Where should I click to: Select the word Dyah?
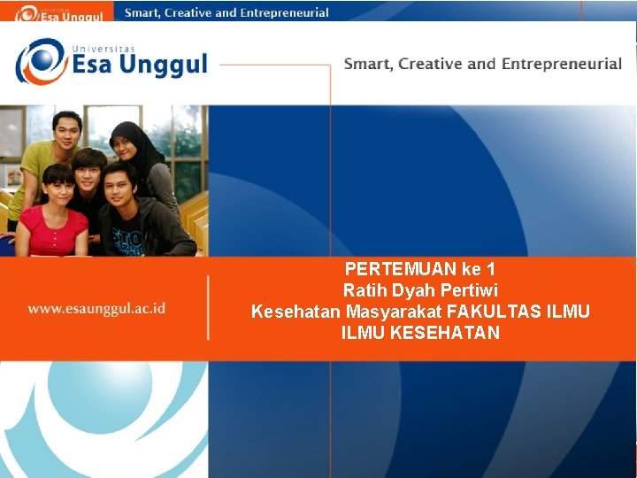(411, 290)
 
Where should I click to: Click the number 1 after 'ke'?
(490, 269)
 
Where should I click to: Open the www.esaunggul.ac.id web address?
(96, 309)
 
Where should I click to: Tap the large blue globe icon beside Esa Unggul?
(41, 61)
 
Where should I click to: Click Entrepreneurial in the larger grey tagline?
(562, 64)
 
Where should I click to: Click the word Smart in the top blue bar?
(142, 13)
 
